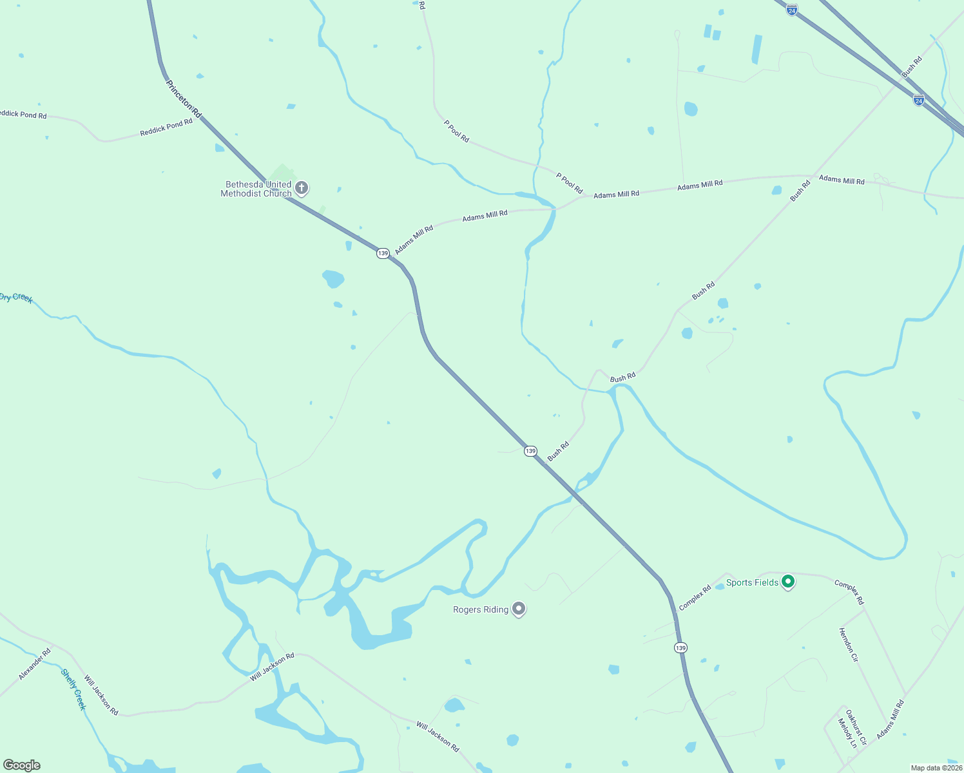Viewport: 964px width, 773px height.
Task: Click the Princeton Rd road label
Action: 184,99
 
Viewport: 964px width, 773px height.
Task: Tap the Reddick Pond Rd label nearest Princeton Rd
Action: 166,128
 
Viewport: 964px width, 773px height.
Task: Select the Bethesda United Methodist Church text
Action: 256,189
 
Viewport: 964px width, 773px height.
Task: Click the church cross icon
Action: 302,189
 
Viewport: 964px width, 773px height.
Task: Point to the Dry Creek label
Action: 15,298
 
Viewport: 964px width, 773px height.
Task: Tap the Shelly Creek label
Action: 73,689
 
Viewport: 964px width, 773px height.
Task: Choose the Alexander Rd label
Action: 35,664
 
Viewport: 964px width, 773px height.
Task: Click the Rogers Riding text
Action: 481,609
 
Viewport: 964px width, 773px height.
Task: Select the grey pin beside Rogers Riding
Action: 519,609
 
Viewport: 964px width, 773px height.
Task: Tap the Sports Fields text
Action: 752,582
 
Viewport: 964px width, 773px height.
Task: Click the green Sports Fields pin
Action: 787,582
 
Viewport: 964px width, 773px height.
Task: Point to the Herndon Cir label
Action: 848,645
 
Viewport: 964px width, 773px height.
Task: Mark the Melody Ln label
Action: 847,733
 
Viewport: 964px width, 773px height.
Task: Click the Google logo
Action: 22,765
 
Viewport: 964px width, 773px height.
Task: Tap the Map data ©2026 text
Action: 936,768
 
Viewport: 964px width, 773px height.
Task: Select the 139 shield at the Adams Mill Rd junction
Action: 383,253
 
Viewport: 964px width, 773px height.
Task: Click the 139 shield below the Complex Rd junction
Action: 680,647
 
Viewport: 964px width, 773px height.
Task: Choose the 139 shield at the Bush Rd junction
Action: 530,451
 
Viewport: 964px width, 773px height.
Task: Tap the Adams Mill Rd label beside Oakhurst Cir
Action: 890,719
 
